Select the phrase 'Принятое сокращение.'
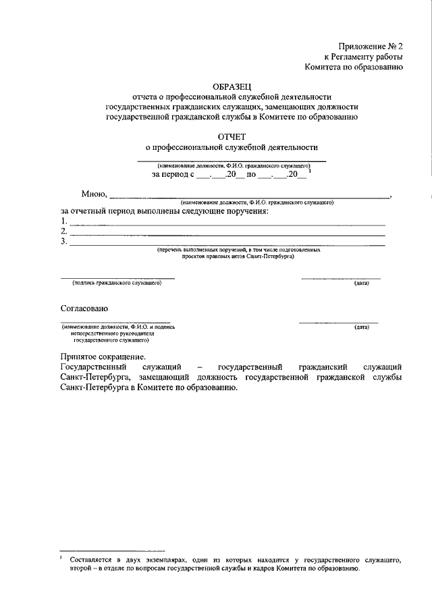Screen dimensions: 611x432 [102, 356]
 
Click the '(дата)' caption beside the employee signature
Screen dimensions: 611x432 [362, 284]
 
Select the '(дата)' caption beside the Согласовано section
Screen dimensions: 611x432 [362, 327]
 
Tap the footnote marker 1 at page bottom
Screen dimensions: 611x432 [61, 557]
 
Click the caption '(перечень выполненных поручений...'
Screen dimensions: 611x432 [238, 250]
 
